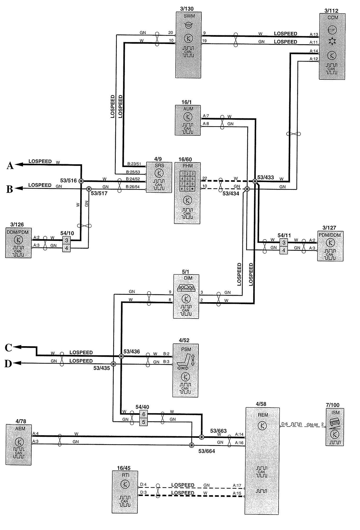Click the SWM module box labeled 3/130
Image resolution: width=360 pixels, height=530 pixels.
(x=188, y=45)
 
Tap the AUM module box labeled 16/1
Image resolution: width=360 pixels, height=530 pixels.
(x=188, y=120)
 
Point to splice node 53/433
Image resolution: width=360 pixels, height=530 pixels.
(x=255, y=181)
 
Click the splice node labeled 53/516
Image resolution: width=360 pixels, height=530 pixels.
(x=81, y=181)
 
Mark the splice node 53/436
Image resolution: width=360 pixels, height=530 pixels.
(x=121, y=356)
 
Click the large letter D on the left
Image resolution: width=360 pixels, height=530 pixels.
(x=8, y=364)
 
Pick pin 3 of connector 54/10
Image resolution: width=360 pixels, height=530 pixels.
(x=67, y=240)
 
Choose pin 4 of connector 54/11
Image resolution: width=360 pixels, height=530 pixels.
(x=284, y=250)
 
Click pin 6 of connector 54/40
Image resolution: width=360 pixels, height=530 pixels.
(x=143, y=414)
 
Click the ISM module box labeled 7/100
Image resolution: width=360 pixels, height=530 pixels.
(x=335, y=427)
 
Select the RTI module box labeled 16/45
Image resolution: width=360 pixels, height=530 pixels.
(x=125, y=492)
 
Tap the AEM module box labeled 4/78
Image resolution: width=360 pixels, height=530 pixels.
(x=19, y=445)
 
